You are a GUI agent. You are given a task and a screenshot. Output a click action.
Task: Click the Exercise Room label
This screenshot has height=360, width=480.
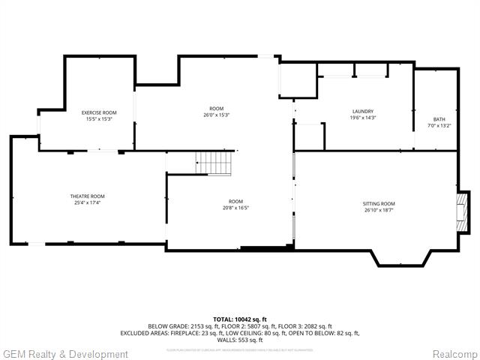(99, 112)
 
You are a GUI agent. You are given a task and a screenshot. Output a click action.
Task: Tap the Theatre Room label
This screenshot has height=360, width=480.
(88, 196)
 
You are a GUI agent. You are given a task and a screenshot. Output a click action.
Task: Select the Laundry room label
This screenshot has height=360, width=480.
(362, 111)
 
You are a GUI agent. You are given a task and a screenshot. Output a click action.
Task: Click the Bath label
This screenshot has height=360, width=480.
(439, 119)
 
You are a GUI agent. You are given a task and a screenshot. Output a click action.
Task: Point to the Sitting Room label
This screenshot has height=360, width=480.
(378, 203)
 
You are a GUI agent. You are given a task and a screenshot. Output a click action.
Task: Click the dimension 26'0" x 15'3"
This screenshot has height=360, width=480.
(216, 115)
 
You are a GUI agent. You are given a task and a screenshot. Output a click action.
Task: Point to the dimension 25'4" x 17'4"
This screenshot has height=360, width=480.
(88, 202)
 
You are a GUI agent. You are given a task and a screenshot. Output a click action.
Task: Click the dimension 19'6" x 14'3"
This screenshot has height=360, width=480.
(362, 118)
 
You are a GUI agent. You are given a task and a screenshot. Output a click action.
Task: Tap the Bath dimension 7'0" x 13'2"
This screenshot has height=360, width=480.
(439, 126)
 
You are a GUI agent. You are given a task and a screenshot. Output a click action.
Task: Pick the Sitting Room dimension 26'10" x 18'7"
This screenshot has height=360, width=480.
(378, 210)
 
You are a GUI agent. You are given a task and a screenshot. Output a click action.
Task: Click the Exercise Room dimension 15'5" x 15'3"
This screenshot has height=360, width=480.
(99, 118)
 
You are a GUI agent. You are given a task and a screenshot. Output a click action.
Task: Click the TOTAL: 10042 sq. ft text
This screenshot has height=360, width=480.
(240, 319)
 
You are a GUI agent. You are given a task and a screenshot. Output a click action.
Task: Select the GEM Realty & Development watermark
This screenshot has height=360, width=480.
(66, 354)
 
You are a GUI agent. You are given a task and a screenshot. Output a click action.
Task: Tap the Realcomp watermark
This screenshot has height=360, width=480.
(454, 354)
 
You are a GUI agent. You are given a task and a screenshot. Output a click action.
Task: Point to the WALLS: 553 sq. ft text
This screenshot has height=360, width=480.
(240, 340)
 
